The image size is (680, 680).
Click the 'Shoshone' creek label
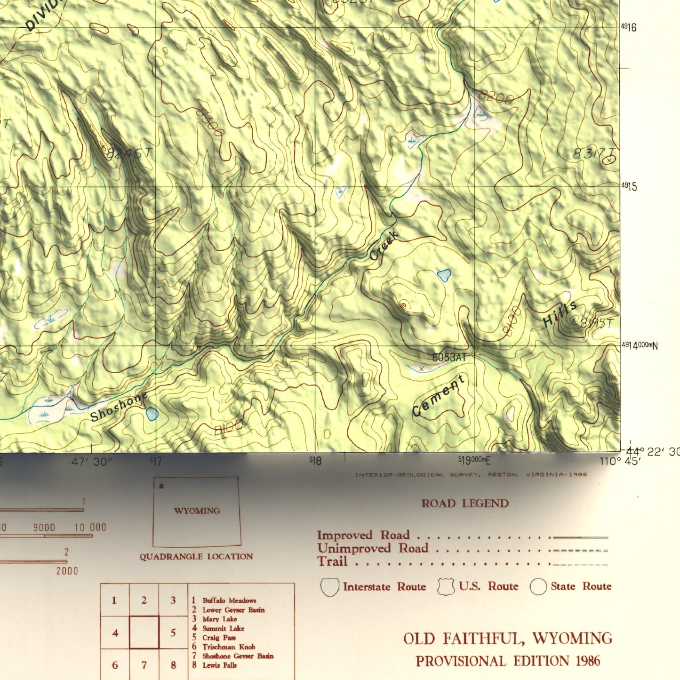[119, 407]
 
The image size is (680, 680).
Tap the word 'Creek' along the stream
[384, 246]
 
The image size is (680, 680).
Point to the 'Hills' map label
[560, 314]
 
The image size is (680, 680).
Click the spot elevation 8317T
[593, 154]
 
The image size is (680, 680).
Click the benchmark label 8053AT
[449, 358]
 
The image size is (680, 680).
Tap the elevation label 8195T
[597, 323]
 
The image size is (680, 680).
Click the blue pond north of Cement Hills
[444, 275]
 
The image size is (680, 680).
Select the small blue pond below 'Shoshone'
[152, 414]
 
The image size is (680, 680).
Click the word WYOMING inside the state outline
[197, 511]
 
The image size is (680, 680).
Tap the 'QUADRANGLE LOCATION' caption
[196, 557]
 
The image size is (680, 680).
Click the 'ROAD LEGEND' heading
[465, 504]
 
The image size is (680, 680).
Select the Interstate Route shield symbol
[329, 587]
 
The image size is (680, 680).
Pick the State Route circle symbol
[538, 587]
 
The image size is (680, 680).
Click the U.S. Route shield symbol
[446, 587]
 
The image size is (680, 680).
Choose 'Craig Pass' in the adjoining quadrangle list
[219, 638]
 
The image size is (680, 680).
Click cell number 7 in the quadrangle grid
[144, 665]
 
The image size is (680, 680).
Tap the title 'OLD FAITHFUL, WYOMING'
[508, 639]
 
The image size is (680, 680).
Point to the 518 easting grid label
[316, 461]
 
